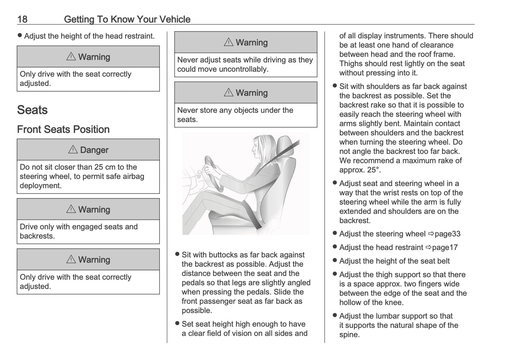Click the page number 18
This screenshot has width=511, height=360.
click(x=22, y=19)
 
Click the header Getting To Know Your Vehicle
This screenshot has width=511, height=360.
click(x=127, y=19)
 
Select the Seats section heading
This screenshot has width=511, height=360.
click(x=32, y=110)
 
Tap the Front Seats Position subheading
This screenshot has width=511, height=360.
click(x=63, y=129)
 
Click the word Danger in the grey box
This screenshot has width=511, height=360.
click(x=94, y=150)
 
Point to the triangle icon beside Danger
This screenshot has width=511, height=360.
click(x=72, y=150)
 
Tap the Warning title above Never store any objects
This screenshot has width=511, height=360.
click(x=251, y=93)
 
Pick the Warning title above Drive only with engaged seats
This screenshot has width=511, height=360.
click(x=94, y=210)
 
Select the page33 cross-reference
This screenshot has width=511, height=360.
click(x=447, y=234)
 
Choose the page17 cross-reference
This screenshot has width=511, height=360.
click(x=445, y=248)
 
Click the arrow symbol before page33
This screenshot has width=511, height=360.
click(x=431, y=234)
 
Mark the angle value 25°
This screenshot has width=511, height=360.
click(x=373, y=170)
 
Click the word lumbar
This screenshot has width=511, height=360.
click(x=382, y=316)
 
